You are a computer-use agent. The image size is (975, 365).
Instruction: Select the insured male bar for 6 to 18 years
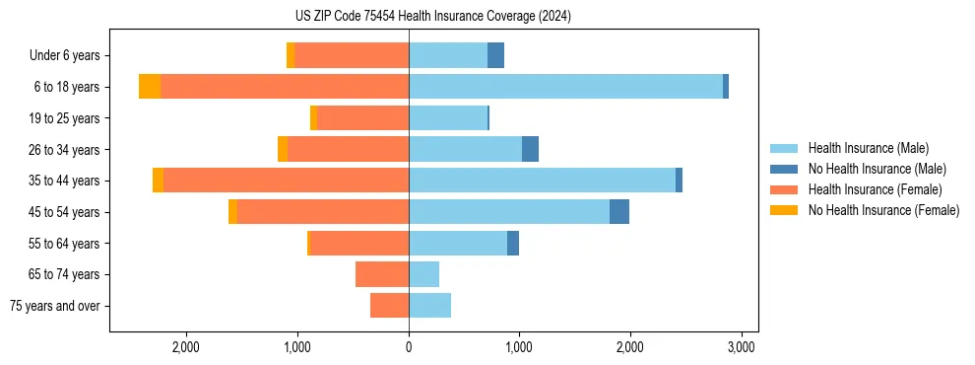[x=565, y=87]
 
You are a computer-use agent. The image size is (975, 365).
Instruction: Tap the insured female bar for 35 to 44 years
[x=286, y=181]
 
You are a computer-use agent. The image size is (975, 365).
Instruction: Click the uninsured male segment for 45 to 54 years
[x=618, y=212]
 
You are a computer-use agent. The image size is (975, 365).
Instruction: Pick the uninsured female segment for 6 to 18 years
[x=150, y=87]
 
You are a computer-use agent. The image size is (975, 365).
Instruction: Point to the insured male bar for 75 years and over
[x=429, y=306]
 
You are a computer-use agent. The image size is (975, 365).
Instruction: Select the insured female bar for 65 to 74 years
[x=382, y=274]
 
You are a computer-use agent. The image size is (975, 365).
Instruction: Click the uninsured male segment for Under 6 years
[x=495, y=55]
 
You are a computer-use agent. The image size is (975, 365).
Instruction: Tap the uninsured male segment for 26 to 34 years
[x=530, y=149]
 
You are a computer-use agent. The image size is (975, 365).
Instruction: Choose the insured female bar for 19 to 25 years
[x=362, y=118]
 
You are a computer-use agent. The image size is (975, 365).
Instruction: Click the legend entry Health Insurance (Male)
[x=868, y=148]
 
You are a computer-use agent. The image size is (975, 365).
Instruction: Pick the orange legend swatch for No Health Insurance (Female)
[x=784, y=210]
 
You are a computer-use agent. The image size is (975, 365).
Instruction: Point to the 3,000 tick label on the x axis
[x=741, y=347]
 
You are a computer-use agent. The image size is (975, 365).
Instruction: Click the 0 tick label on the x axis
[x=409, y=347]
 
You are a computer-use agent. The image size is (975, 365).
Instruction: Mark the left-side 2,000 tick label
[x=186, y=347]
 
